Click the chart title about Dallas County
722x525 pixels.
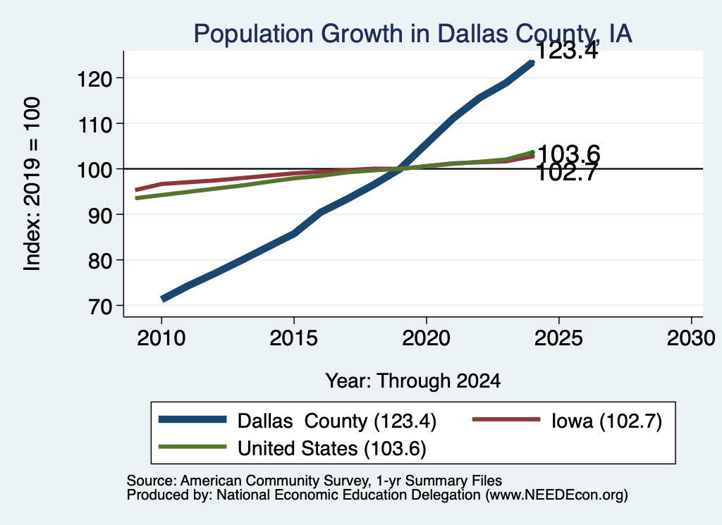[412, 34]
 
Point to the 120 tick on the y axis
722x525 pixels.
[94, 79]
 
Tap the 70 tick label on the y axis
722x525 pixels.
[100, 307]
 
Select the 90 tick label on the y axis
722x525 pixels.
[100, 216]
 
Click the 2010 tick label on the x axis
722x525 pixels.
[161, 338]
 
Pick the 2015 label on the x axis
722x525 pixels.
[294, 338]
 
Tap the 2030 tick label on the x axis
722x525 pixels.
[691, 338]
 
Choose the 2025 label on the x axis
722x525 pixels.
[558, 338]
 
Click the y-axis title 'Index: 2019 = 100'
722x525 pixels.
[32, 184]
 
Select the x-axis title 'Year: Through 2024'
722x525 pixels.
[413, 381]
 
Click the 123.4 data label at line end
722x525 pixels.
[567, 51]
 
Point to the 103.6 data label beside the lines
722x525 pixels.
[569, 154]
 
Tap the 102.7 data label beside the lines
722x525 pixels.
[567, 173]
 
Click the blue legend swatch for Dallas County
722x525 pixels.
[192, 419]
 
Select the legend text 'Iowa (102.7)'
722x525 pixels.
[606, 421]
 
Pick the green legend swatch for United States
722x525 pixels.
[192, 447]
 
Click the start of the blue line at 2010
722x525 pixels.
[162, 299]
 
